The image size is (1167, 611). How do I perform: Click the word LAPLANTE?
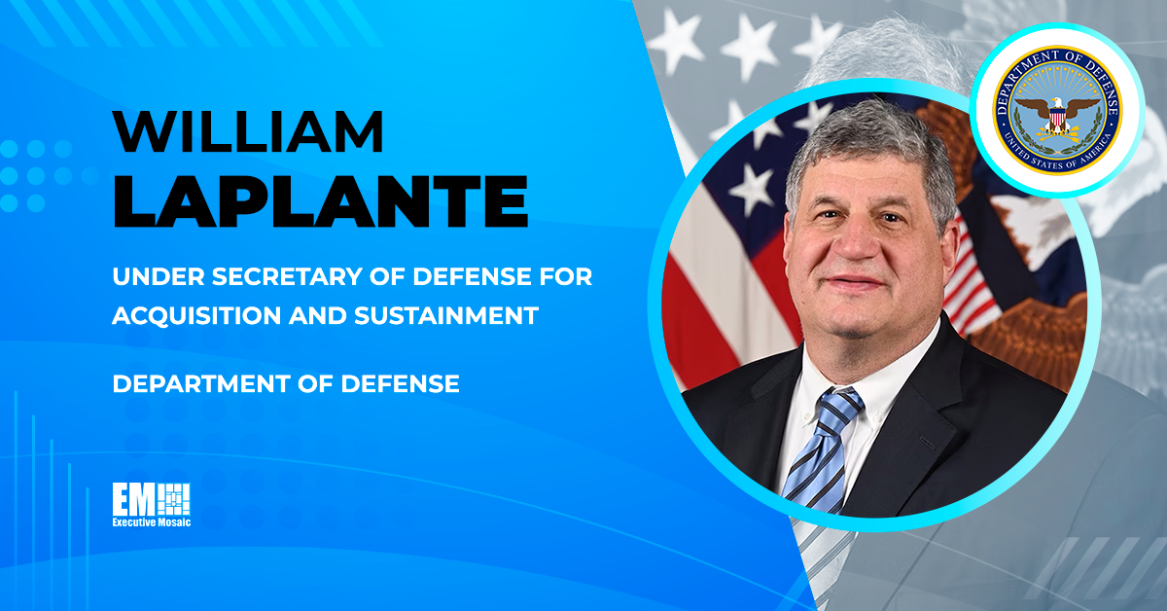click(321, 201)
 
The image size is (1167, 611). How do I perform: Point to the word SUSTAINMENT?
click(446, 316)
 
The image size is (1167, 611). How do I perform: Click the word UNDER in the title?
click(159, 277)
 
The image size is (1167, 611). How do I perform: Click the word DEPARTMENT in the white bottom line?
click(202, 384)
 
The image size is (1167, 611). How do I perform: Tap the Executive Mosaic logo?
click(152, 505)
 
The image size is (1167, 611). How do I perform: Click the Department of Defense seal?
click(1058, 110)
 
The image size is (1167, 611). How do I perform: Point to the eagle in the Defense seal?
click(1058, 115)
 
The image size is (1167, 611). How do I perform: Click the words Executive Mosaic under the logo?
click(152, 522)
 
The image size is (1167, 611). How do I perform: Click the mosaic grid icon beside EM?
click(174, 499)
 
